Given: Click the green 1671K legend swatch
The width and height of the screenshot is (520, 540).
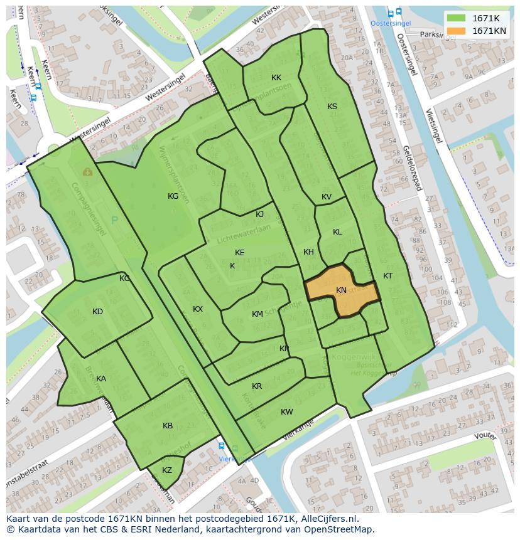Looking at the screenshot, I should (457, 18).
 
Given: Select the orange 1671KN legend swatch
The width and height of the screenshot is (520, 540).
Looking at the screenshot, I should (457, 31).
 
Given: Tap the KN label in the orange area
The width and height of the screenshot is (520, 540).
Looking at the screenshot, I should (341, 290).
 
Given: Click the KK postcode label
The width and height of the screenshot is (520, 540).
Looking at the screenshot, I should (276, 78).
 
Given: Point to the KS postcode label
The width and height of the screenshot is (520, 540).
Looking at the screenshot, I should (332, 107).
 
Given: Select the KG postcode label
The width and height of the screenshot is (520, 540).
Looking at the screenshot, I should (173, 196).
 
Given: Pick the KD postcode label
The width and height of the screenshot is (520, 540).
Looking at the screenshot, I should (97, 312).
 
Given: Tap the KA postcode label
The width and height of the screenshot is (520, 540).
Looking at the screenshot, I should (101, 379).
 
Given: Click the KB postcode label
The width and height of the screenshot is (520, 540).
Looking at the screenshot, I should (168, 426).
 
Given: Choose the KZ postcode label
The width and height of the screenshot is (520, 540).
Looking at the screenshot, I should (167, 470).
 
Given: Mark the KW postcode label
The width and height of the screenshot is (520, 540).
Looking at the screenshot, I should (287, 412).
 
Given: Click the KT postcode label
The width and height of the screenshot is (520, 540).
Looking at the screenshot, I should (388, 276).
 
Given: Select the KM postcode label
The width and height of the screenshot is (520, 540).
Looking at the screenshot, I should (257, 314).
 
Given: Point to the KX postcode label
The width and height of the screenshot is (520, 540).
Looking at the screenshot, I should (198, 309).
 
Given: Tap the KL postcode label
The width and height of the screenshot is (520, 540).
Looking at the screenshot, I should (337, 232).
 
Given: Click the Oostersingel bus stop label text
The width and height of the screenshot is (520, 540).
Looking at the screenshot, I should (391, 23).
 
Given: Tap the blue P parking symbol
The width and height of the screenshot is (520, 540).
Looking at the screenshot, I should (114, 220).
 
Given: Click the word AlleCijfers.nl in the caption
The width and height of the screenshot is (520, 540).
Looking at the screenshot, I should (328, 519).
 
